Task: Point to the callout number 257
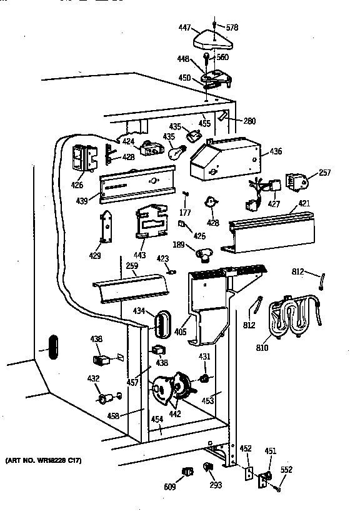(x=324, y=173)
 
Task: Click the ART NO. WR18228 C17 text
(x=44, y=461)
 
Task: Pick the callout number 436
(x=276, y=151)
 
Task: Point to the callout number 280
(x=249, y=121)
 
